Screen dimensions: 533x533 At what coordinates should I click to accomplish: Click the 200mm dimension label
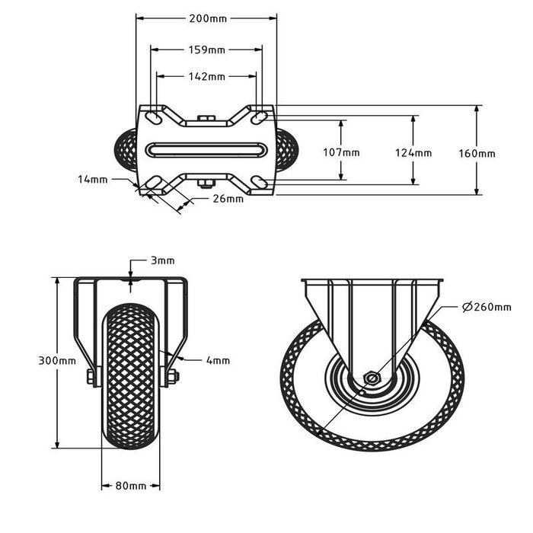coord(206,18)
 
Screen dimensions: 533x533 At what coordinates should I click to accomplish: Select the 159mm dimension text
coord(206,50)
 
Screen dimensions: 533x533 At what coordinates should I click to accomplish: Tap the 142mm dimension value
coord(206,77)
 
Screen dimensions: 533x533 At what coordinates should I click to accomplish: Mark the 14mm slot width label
coord(93,179)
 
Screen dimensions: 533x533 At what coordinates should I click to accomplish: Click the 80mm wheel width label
coord(131,486)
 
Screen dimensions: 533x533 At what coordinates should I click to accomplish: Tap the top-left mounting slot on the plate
coord(153,118)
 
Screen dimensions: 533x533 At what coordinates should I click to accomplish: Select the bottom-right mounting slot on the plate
coord(260,183)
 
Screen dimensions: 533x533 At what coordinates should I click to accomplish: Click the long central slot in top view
coord(206,150)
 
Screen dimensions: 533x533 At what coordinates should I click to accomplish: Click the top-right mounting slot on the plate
coord(260,117)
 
